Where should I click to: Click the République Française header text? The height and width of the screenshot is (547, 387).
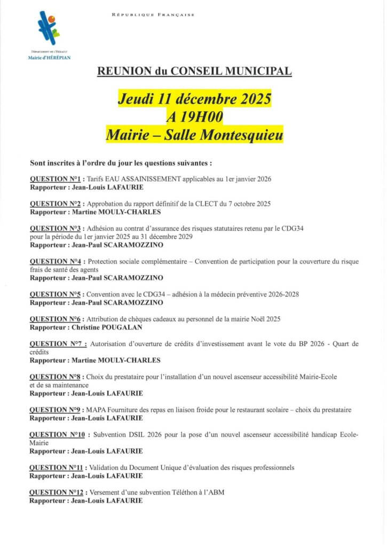pyautogui.click(x=153, y=15)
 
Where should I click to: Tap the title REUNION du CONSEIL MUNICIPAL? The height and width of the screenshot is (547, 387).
pyautogui.click(x=194, y=71)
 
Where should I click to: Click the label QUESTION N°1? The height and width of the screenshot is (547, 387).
pyautogui.click(x=55, y=179)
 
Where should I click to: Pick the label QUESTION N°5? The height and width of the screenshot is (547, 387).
pyautogui.click(x=55, y=294)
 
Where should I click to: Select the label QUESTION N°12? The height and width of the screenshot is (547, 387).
pyautogui.click(x=57, y=493)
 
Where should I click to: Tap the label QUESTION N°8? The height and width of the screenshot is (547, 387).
pyautogui.click(x=55, y=377)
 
